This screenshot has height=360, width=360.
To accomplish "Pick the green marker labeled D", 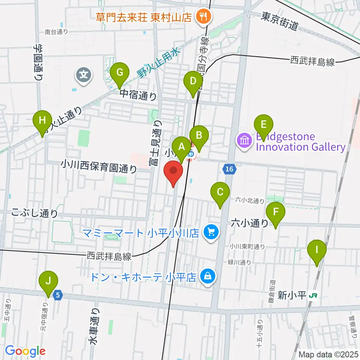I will pyautogui.click(x=193, y=81).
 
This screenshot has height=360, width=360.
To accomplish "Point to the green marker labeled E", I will pyautogui.click(x=264, y=124).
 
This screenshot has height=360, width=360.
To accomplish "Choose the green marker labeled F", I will pyautogui.click(x=276, y=212).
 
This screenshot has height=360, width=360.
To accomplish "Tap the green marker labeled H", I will pyautogui.click(x=42, y=121).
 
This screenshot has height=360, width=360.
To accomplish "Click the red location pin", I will pyautogui.click(x=173, y=172).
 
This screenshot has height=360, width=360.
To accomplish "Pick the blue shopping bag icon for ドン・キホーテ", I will pyautogui.click(x=207, y=277).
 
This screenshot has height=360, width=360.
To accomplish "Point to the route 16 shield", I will pyautogui.click(x=230, y=170).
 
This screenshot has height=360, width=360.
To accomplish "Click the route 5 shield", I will pyautogui.click(x=57, y=295).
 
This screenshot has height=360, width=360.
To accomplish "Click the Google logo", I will pyautogui.click(x=25, y=351).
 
